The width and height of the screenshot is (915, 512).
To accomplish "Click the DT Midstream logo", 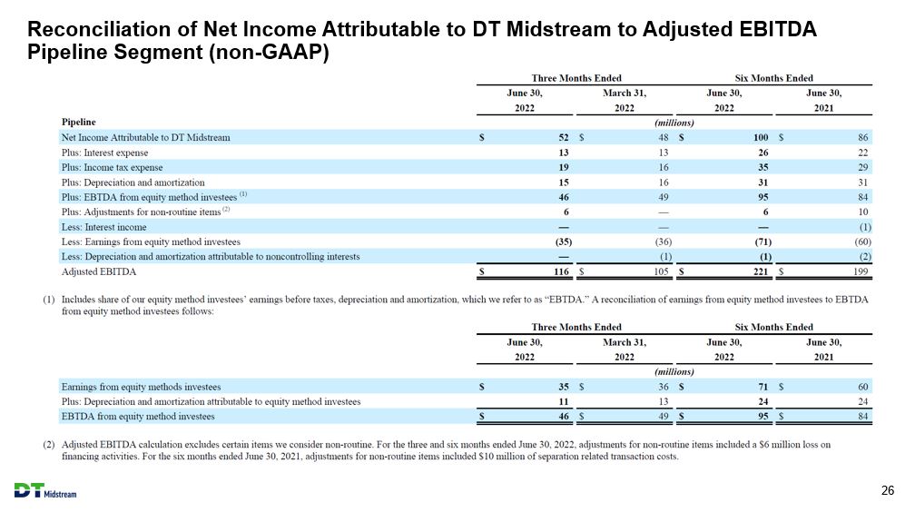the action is tap(45, 491).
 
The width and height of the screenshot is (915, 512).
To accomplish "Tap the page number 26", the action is tap(887, 490).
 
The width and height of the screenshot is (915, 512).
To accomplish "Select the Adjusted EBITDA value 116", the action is tap(561, 271).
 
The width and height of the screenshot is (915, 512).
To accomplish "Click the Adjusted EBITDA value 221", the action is tap(761, 271).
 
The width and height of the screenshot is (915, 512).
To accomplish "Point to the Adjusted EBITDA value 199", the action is tap(861, 271).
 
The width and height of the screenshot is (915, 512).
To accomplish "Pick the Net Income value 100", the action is tap(761, 137).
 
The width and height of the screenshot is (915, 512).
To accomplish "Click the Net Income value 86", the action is tap(863, 137).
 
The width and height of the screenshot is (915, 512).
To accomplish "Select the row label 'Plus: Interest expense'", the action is tap(105, 153).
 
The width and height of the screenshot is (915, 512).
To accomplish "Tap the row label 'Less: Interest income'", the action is tap(103, 227).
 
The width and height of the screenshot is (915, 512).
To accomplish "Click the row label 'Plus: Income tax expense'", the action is tap(112, 168).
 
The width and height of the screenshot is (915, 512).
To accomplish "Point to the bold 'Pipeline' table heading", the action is tap(78, 122).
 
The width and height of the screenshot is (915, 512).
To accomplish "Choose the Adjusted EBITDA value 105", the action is tap(661, 271).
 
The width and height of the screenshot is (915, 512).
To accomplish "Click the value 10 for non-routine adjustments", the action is tap(863, 212).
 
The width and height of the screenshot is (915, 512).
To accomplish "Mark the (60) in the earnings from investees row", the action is tap(862, 241).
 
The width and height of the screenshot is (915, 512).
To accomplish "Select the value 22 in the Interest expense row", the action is tap(863, 153).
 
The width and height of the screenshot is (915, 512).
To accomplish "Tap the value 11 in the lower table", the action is tap(563, 401).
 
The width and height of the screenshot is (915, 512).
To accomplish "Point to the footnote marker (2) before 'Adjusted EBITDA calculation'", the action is tap(49, 445).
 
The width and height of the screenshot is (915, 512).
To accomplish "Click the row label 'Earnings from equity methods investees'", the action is tap(142, 387).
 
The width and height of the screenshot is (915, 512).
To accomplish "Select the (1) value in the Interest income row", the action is tap(865, 227).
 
